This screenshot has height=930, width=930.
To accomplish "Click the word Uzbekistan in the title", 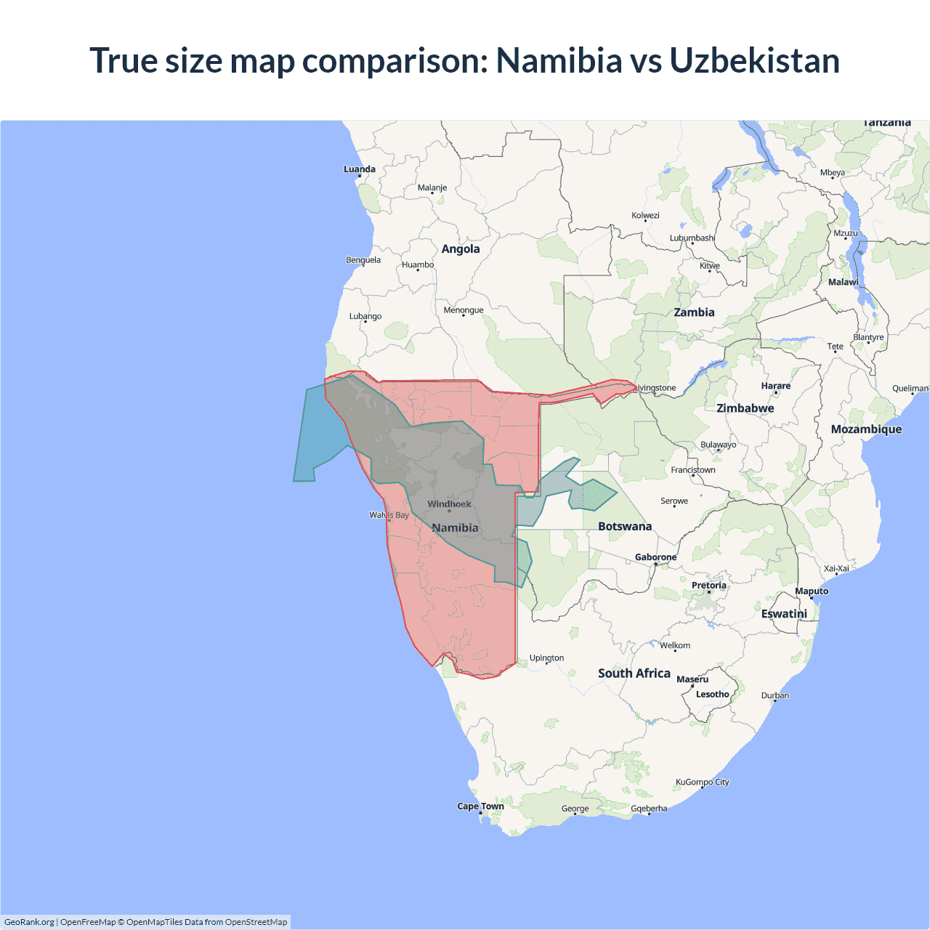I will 754,60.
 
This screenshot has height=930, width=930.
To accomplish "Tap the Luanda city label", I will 360,169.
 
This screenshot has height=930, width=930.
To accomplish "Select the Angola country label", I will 461,249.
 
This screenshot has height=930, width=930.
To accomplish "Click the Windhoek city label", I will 449,504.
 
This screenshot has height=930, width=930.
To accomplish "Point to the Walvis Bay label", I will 389,515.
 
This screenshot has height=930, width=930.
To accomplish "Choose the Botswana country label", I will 625,526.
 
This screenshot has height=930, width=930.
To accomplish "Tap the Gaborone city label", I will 655,557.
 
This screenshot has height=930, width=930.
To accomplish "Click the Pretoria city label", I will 708,585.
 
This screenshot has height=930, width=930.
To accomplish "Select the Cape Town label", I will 480,806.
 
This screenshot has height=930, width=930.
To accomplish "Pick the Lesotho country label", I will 712,694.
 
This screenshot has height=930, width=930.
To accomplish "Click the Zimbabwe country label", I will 745,408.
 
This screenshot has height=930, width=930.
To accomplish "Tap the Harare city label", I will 775,386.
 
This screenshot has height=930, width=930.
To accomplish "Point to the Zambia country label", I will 694,312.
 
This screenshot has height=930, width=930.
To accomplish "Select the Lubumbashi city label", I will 692,238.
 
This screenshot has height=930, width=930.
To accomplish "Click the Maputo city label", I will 811,591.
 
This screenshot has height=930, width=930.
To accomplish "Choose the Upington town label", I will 546,658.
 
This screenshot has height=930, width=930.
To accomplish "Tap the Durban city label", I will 775,695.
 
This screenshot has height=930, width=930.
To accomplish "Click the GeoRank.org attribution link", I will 29,922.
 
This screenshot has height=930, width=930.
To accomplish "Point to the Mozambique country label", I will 866,429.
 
